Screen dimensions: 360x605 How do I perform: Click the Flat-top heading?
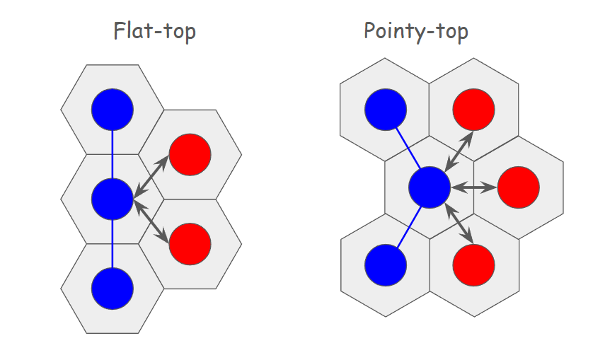(154, 32)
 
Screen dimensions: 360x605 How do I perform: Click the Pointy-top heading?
(415, 32)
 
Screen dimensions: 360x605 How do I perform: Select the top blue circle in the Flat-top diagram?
(113, 110)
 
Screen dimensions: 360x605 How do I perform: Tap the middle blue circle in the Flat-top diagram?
(113, 198)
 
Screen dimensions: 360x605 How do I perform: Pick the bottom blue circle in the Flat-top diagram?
(113, 287)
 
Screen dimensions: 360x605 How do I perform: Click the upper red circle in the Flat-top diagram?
(190, 154)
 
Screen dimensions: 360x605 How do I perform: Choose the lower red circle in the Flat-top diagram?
(190, 243)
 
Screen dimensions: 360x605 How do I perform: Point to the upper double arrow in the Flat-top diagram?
(151, 176)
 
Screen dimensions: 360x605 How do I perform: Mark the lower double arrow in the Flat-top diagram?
(151, 221)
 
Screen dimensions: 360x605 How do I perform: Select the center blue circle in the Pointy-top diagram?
(430, 188)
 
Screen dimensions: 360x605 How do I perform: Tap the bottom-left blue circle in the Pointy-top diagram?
(386, 265)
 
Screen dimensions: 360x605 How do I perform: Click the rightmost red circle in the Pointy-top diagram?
(519, 188)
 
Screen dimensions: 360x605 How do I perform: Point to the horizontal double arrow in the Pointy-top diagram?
(474, 188)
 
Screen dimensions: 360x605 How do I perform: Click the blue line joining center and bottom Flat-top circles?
(113, 243)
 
